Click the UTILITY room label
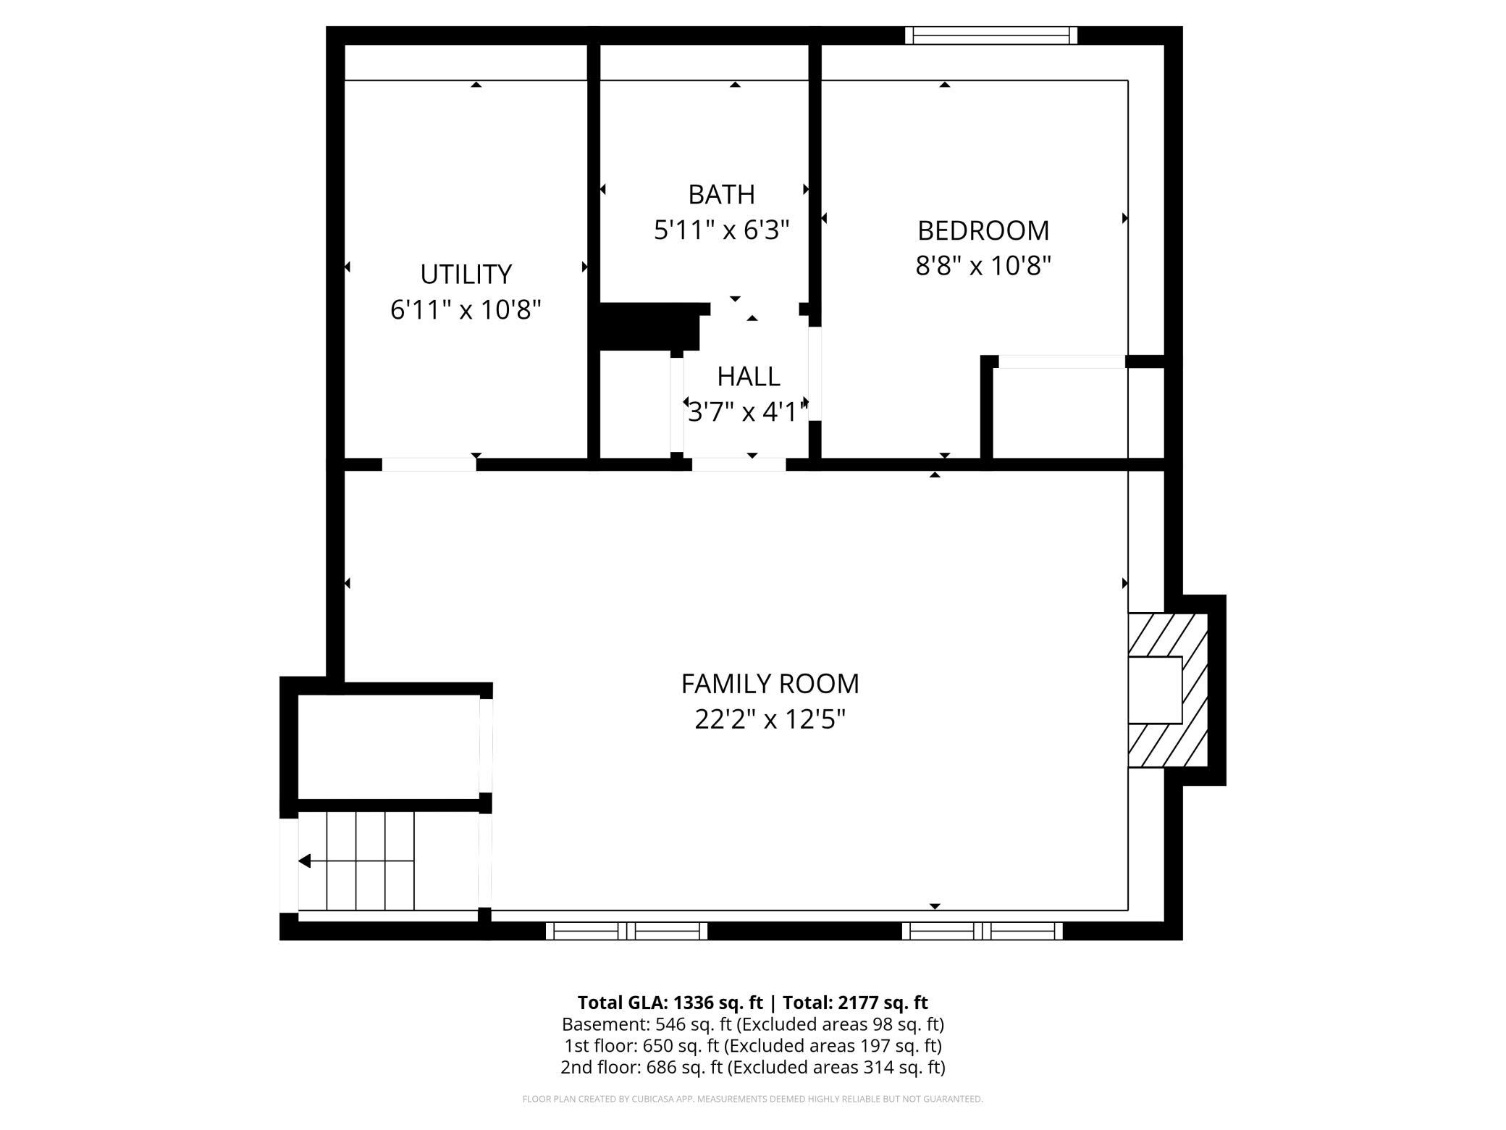[466, 274]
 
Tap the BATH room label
[721, 194]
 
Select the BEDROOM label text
[983, 230]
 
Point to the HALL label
[748, 377]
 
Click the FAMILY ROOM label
[770, 684]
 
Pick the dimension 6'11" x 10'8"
[466, 310]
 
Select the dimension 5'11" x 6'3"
[721, 230]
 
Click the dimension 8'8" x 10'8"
[983, 266]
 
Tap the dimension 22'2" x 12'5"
[770, 719]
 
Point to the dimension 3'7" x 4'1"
[748, 412]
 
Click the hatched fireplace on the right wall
[1168, 690]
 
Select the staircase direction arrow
[356, 861]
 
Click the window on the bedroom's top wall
[991, 35]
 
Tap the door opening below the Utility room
[429, 464]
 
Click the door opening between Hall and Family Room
[739, 464]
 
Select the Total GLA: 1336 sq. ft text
[670, 1003]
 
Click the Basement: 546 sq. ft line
[752, 1024]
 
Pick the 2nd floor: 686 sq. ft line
[752, 1067]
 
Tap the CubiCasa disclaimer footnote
[752, 1099]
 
